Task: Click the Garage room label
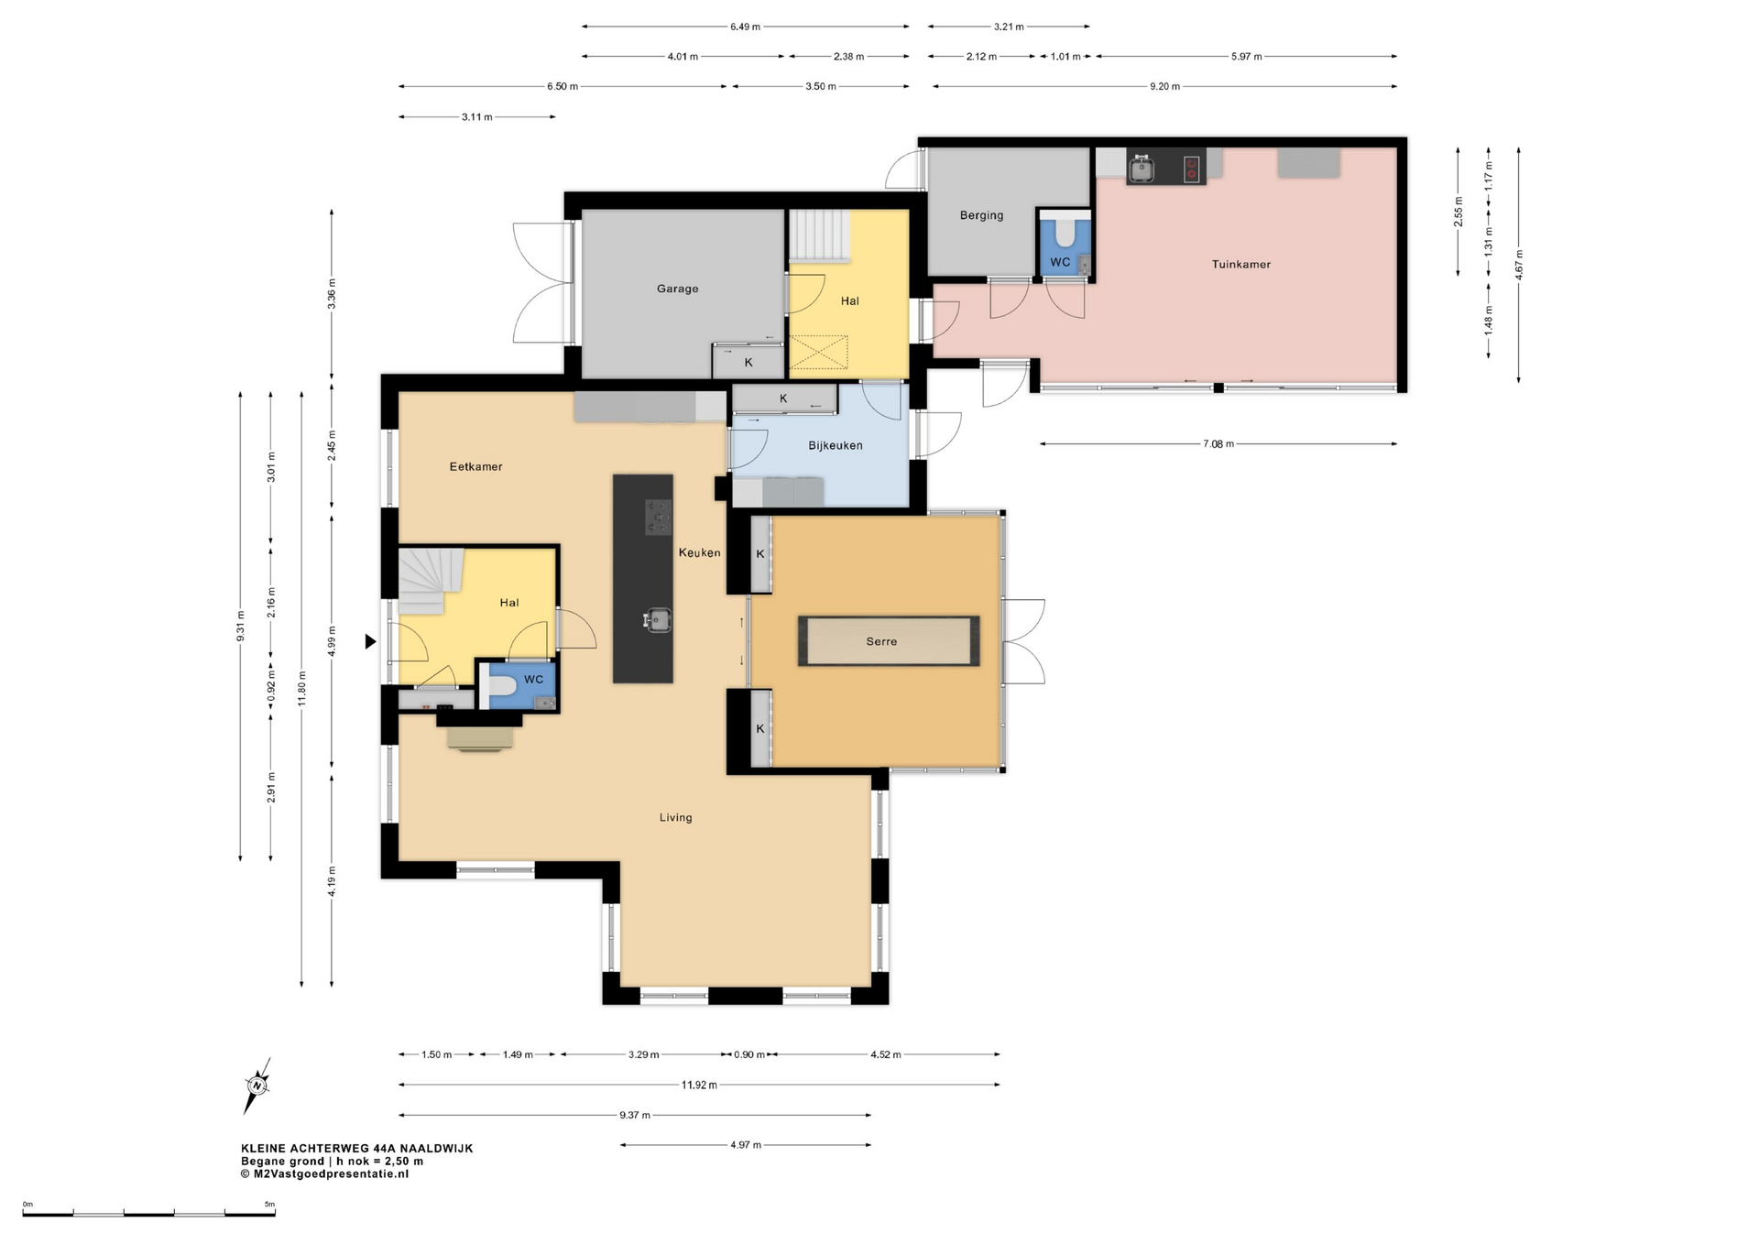[677, 289]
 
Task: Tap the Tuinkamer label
[1240, 264]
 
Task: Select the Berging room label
[981, 215]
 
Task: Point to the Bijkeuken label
[835, 445]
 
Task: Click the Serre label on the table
[881, 641]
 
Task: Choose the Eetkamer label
[475, 466]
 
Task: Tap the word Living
[675, 817]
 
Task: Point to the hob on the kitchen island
[658, 517]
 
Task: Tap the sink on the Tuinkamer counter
[1141, 169]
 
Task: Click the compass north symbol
[257, 1086]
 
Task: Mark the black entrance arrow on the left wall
[370, 641]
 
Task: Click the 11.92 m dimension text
[699, 1085]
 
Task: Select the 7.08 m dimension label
[1218, 443]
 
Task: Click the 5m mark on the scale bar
[269, 1204]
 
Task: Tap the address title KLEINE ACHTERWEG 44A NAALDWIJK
[357, 1148]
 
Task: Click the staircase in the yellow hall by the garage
[820, 235]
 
